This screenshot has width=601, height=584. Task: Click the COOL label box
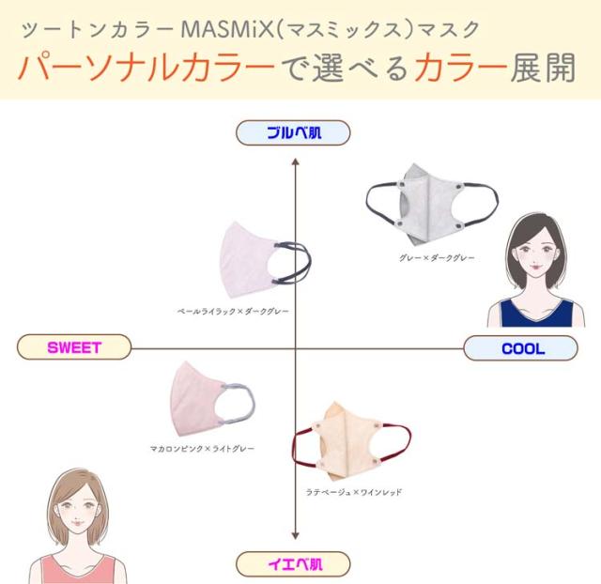click(x=522, y=348)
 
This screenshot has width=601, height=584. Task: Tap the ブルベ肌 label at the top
click(x=293, y=133)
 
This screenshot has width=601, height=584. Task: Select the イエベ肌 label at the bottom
click(x=293, y=564)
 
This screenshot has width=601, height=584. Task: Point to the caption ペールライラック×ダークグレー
click(x=233, y=310)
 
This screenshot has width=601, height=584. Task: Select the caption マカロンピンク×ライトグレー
click(x=202, y=449)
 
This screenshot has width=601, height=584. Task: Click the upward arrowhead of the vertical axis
click(x=296, y=162)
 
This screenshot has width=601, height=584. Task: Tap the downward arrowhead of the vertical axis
click(x=296, y=537)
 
